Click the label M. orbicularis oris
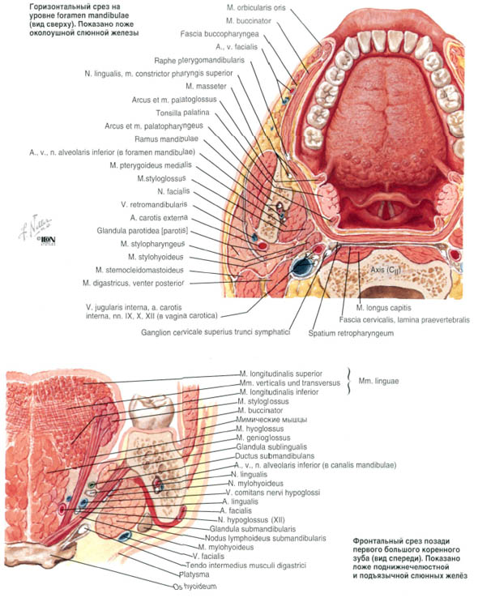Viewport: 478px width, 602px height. (256, 7)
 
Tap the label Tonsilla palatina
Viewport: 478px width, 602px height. (183, 113)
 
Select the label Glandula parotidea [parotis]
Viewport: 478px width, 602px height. (143, 231)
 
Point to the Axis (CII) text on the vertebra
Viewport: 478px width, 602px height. (386, 270)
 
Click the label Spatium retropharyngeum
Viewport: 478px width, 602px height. (351, 333)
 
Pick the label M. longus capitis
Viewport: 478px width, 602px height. (383, 308)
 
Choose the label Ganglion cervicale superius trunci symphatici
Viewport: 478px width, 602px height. (216, 332)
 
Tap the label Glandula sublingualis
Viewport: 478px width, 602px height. (271, 447)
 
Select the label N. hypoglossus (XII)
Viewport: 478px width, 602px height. (251, 520)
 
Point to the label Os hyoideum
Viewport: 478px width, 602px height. (194, 587)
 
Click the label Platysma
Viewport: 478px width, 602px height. (194, 574)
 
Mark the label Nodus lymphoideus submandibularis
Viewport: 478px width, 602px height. (265, 538)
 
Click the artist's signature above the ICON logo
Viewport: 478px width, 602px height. (36, 227)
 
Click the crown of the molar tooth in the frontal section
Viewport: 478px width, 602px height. (152, 412)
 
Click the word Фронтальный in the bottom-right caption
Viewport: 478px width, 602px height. (375, 541)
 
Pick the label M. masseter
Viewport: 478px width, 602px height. (206, 87)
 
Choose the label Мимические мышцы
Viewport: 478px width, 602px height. (271, 420)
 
